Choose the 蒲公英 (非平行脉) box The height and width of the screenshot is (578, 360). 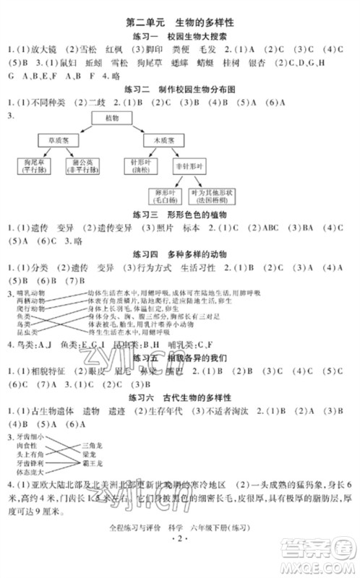(84, 167)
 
